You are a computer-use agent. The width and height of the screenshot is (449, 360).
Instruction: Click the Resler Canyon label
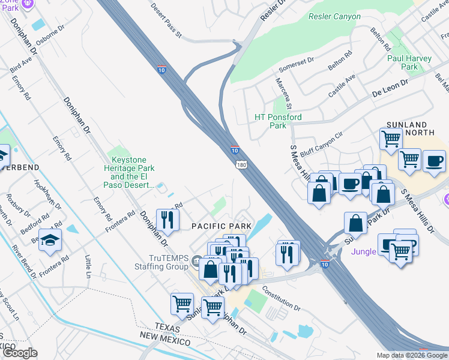click(334, 17)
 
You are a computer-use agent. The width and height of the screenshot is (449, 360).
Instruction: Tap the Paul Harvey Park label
click(410, 62)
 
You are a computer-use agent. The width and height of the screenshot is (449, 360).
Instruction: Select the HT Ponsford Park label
click(278, 121)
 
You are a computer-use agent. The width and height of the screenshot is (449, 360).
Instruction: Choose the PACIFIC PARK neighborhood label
click(221, 226)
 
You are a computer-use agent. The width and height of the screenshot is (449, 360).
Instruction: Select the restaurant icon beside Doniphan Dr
click(167, 218)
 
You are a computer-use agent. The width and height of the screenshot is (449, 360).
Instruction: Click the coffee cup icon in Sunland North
click(434, 160)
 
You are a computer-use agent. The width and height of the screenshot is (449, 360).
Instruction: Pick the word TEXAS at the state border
click(167, 326)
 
